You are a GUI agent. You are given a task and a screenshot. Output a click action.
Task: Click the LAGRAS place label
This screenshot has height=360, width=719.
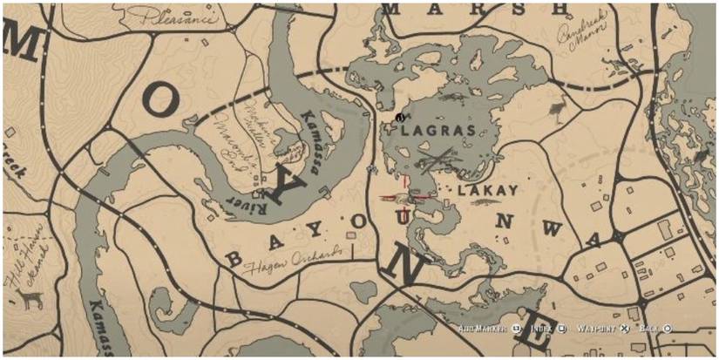pyautogui.click(x=438, y=131)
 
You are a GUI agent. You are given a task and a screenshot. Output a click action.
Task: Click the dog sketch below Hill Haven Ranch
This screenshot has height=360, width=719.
pyautogui.click(x=33, y=300)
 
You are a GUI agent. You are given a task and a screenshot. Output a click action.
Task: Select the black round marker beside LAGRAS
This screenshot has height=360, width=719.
pyautogui.click(x=398, y=117)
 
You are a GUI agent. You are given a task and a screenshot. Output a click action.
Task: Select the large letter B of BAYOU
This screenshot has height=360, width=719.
pyautogui.click(x=234, y=259)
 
